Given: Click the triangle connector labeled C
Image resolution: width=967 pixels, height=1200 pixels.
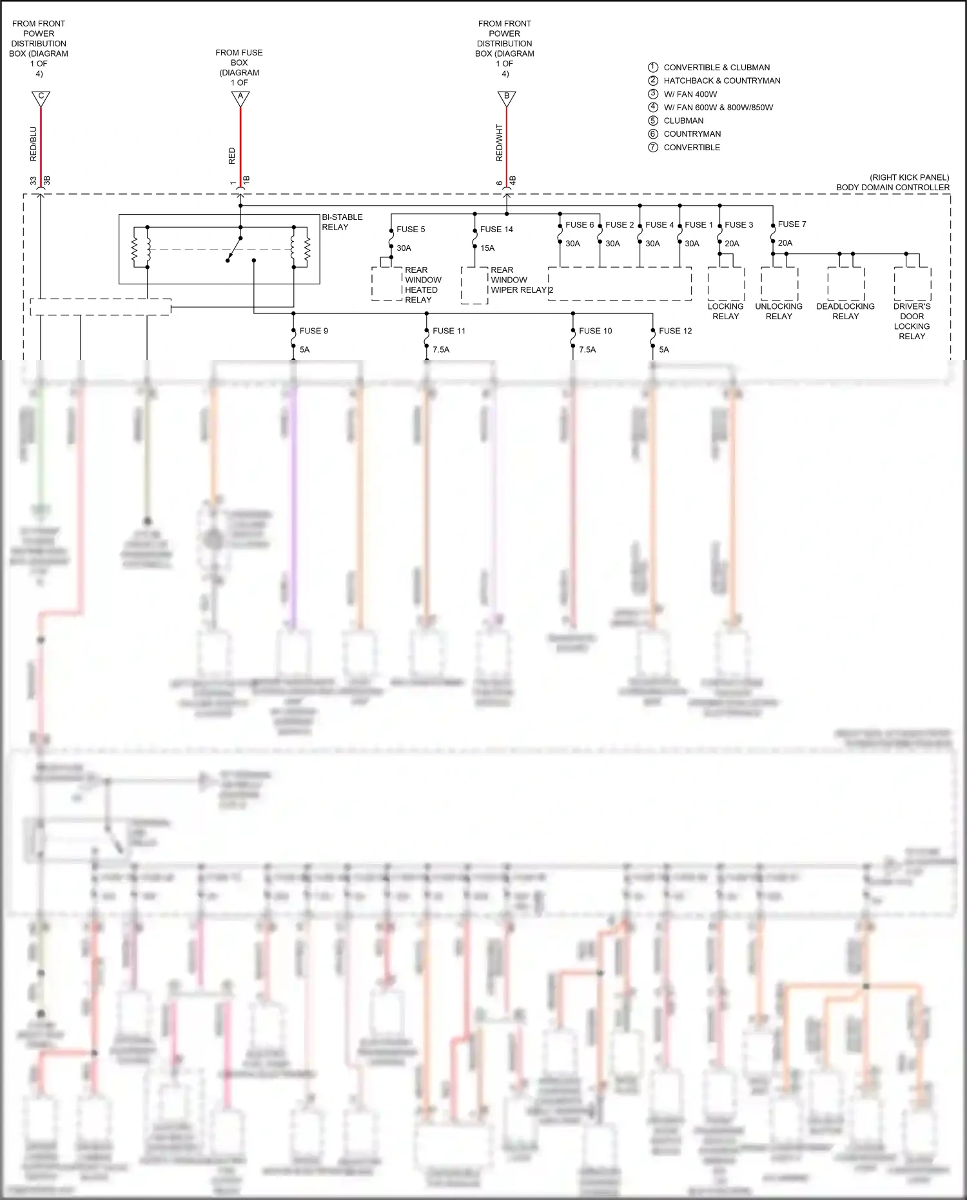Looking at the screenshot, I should (41, 98).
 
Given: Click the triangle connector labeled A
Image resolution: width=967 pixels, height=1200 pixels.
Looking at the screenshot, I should (240, 98).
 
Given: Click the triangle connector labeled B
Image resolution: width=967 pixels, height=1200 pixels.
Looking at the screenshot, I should (507, 98).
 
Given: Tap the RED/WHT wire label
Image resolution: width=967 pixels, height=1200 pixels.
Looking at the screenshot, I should (499, 143).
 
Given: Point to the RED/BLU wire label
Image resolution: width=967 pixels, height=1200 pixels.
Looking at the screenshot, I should (34, 143).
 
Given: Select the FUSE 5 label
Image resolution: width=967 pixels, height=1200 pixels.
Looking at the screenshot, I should (411, 230).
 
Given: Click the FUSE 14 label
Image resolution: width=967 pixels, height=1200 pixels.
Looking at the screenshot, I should (496, 230).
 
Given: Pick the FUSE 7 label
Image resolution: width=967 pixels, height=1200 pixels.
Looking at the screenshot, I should (792, 224).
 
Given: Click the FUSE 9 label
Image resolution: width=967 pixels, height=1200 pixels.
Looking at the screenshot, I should (314, 331).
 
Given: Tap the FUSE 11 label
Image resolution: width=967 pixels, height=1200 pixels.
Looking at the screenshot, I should (449, 331).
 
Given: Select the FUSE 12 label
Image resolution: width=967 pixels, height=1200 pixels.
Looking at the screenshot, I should (675, 331).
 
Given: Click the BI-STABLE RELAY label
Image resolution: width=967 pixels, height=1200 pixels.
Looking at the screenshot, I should (342, 222).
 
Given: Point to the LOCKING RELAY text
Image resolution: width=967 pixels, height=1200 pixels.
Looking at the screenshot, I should (725, 311).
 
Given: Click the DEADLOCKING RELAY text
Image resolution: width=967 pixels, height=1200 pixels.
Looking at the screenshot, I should (845, 311).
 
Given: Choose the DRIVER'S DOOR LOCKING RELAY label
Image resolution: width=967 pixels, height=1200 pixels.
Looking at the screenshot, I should (912, 321).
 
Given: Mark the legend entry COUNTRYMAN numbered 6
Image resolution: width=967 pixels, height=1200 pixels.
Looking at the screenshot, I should (692, 134).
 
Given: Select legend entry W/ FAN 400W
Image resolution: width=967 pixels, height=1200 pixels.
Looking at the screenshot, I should (690, 94).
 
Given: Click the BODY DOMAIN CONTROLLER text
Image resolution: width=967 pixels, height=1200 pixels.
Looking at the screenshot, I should (893, 188).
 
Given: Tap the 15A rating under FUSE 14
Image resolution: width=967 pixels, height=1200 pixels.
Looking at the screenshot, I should (487, 248).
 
